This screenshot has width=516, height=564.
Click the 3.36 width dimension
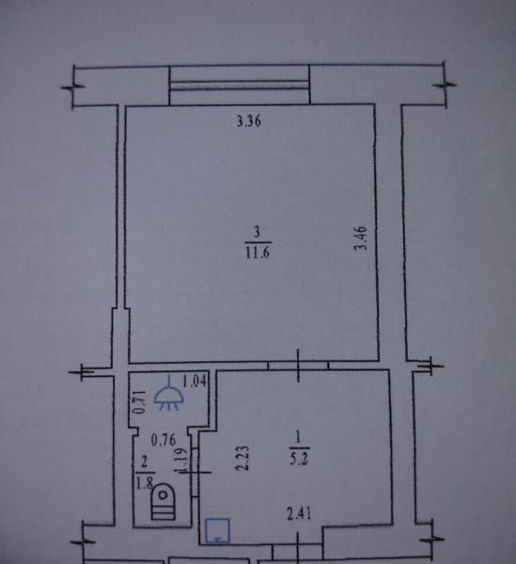coord(249,121)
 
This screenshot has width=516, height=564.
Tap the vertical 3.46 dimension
coord(360,238)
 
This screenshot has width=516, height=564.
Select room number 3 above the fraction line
coord(257,232)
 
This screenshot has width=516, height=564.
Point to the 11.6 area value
coord(258,253)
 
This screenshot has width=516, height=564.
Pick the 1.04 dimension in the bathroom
coord(195,382)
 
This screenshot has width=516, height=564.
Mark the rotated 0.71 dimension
coord(140,401)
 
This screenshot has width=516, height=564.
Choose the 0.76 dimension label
coord(164,440)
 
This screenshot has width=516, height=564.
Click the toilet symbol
coord(164,501)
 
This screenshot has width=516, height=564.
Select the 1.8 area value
coord(145,483)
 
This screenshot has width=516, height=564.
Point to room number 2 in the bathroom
coord(145,461)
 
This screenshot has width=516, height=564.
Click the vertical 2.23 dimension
coord(242,458)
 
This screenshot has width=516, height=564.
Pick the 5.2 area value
coord(299,459)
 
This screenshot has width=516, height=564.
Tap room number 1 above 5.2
coord(298,437)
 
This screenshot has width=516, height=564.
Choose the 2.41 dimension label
coord(299,513)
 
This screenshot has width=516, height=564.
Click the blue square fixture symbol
coord(217,530)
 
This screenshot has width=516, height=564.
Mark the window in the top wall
coord(239,85)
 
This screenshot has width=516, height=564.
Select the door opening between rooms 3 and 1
coord(299,365)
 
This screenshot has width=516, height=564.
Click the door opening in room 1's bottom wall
coord(297,550)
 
